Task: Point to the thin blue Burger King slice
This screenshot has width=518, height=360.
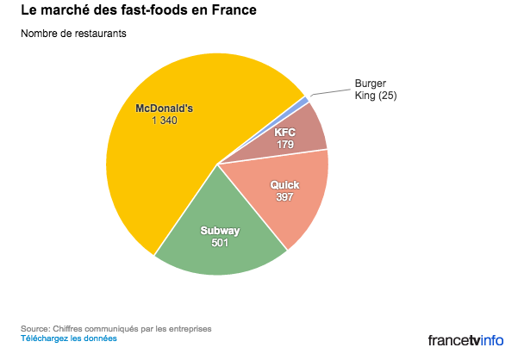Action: pos(303,102)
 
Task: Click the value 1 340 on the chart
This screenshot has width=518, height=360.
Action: pos(165,121)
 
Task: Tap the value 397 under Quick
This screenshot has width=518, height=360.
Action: pos(284,197)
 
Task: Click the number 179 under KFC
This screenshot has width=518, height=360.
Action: pos(284,144)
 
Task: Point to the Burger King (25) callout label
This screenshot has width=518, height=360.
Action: pos(376,89)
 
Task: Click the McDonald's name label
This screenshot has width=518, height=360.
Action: pos(165,109)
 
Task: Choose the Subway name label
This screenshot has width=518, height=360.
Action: pos(220,231)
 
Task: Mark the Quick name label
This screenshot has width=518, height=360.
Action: pos(284,185)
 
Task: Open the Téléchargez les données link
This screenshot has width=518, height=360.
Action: pos(68,338)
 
